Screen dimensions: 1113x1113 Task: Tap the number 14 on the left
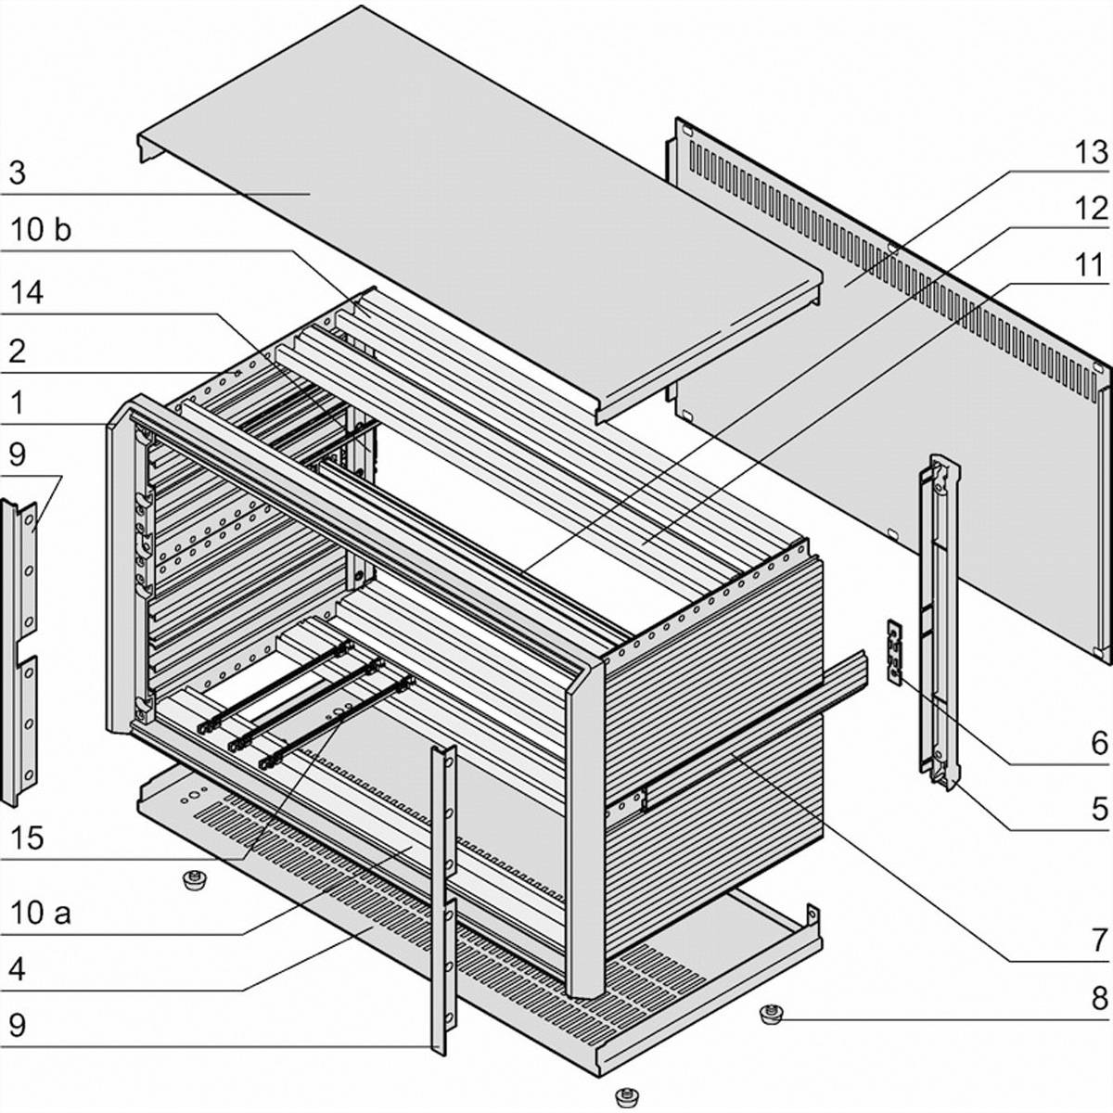27,293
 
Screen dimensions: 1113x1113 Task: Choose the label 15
27,838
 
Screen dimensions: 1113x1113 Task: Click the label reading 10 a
40,913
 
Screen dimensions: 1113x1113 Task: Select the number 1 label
16,403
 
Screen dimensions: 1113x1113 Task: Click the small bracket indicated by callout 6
894,652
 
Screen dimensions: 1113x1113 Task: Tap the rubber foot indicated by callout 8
769,1013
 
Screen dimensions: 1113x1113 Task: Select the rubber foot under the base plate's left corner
194,879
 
